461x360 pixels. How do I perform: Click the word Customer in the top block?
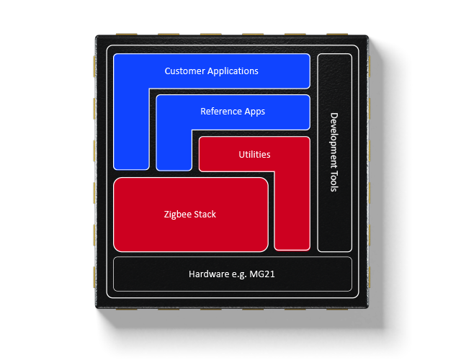click(184, 71)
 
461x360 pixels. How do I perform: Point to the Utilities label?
click(254, 154)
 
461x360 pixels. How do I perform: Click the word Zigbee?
click(177, 215)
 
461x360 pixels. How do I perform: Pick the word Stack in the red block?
click(205, 215)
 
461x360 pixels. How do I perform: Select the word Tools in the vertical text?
click(334, 180)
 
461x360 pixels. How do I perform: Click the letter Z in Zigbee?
click(166, 215)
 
